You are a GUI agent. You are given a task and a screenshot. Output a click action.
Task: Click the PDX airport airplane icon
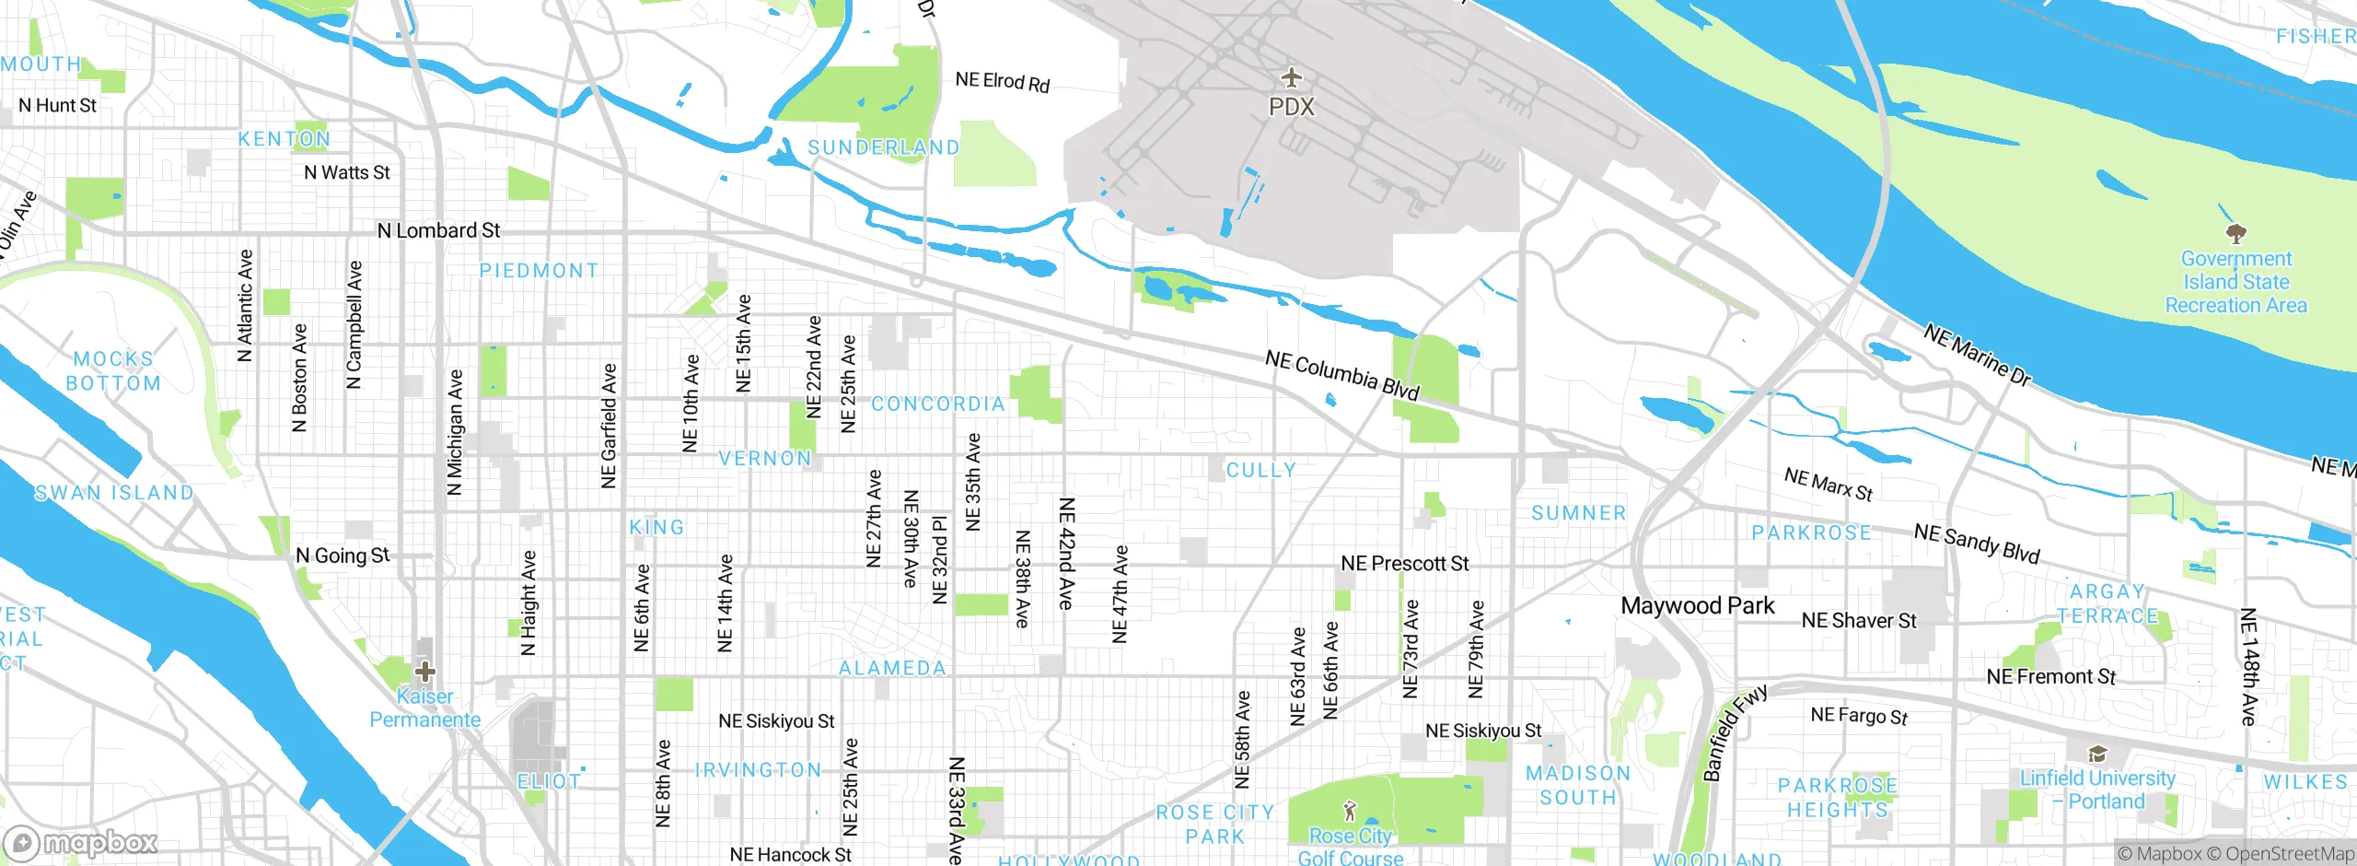pyautogui.click(x=1292, y=76)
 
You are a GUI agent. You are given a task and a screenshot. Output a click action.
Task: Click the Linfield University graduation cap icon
pyautogui.click(x=2097, y=755)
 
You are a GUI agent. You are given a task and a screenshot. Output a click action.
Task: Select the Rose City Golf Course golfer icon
pyautogui.click(x=1350, y=811)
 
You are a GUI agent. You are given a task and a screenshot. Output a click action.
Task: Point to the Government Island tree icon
pyautogui.click(x=2235, y=233)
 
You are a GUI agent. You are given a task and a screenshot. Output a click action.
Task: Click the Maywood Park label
pyautogui.click(x=1697, y=605)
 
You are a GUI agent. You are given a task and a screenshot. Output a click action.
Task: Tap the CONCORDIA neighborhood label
pyautogui.click(x=937, y=404)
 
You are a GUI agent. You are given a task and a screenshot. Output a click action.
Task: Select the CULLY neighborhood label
pyautogui.click(x=1260, y=470)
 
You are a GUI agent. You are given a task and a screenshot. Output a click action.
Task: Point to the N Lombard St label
pyautogui.click(x=438, y=230)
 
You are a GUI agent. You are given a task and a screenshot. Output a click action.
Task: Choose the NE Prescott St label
pyautogui.click(x=1404, y=563)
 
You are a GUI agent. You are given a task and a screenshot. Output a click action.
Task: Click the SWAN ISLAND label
pyautogui.click(x=114, y=493)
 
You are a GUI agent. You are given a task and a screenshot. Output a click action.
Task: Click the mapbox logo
pyautogui.click(x=81, y=842)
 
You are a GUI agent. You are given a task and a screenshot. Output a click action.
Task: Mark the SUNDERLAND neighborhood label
pyautogui.click(x=883, y=147)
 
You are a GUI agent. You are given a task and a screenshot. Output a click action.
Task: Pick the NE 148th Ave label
pyautogui.click(x=2248, y=666)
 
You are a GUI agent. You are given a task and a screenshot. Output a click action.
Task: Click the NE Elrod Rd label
pyautogui.click(x=1002, y=82)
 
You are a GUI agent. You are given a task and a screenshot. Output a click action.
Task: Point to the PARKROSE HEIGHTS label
pyautogui.click(x=1837, y=798)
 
